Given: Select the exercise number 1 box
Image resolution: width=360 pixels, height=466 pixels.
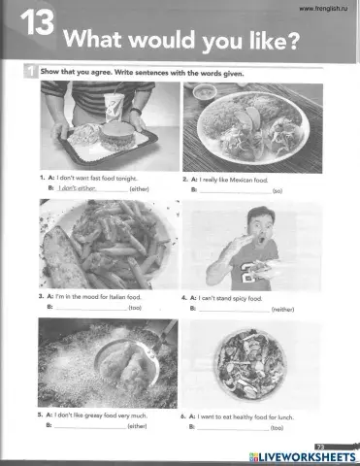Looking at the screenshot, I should point(30,73).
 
